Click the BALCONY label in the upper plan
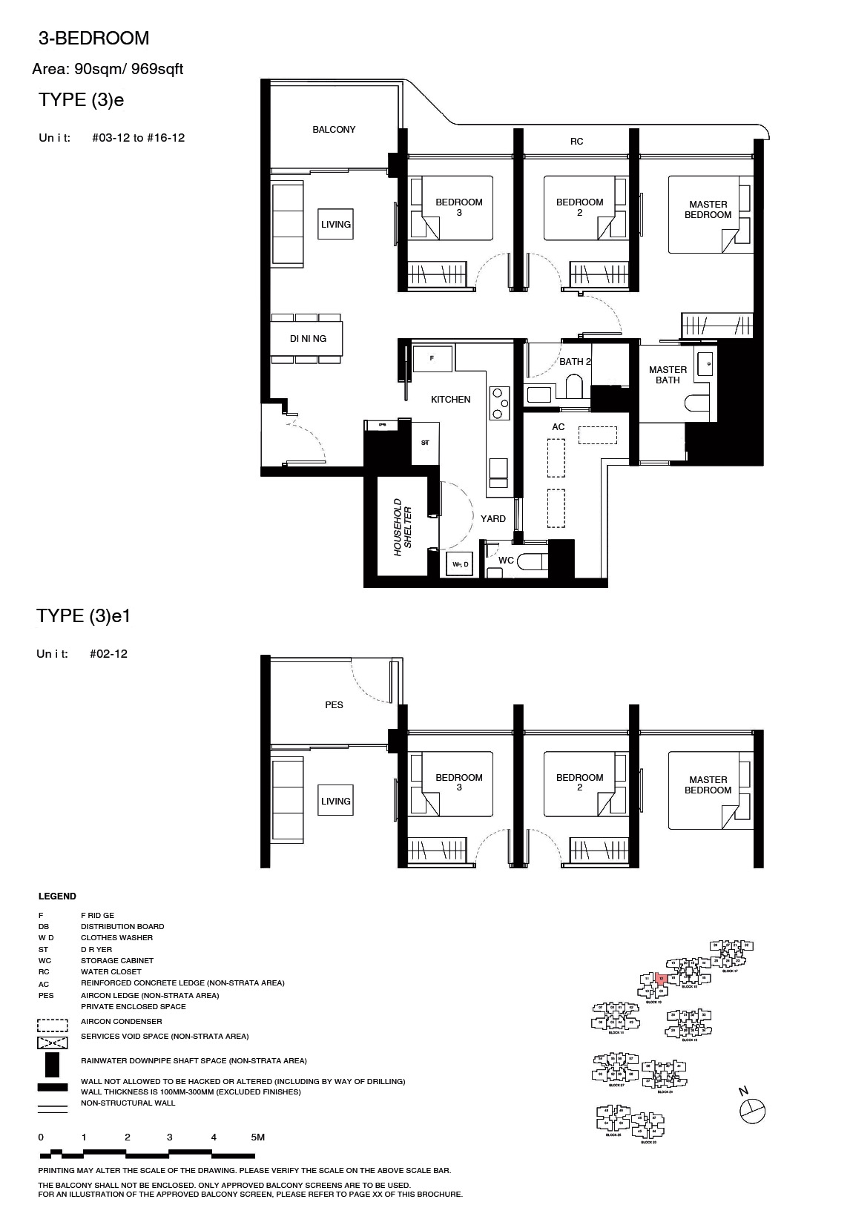(334, 130)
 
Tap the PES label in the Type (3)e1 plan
(334, 705)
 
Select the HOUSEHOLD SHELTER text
(403, 527)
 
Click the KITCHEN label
(450, 400)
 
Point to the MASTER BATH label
(668, 375)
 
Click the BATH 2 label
(575, 362)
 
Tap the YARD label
(492, 519)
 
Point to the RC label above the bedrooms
(576, 142)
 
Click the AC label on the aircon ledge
(558, 427)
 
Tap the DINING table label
(308, 339)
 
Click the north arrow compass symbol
(752, 1109)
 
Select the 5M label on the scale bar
(257, 1137)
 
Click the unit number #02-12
(108, 654)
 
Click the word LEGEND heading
(57, 896)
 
